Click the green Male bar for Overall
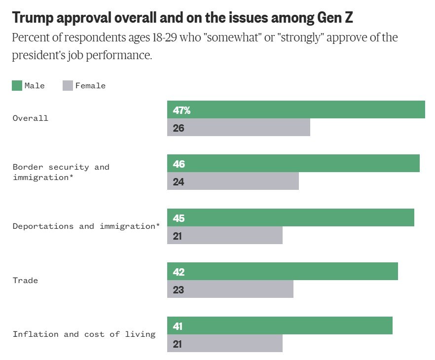point(296,109)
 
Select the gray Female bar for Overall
point(239,127)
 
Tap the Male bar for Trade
point(283,271)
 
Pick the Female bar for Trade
point(230,289)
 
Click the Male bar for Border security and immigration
point(293,163)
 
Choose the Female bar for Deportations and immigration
point(225,236)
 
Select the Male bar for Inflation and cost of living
point(280,325)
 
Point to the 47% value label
point(181,110)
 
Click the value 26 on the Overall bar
point(179,128)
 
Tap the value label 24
point(179,181)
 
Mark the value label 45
point(179,218)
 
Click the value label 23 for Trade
point(179,290)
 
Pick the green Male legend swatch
point(17,86)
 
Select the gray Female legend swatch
point(68,86)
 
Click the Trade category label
point(25,281)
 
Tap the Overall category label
point(31,118)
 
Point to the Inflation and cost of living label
point(84,334)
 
